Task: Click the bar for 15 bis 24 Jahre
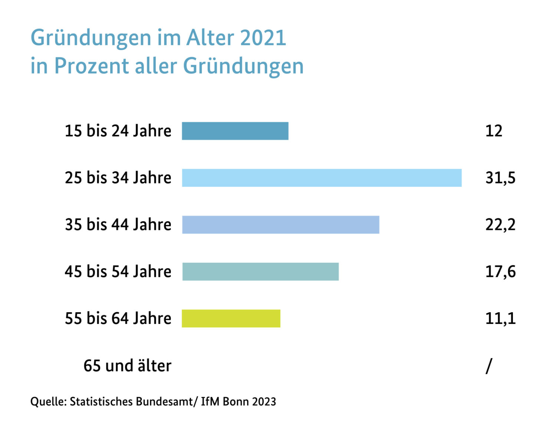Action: tap(235, 131)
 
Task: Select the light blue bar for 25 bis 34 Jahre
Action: tap(322, 178)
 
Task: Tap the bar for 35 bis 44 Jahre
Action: tap(281, 224)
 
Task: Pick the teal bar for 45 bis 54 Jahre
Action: tap(261, 272)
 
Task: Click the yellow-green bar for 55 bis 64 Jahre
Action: tap(231, 318)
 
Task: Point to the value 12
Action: tap(494, 131)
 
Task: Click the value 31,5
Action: tap(500, 178)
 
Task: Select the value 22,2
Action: tap(500, 224)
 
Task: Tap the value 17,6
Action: tap(500, 272)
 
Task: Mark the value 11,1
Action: tap(500, 318)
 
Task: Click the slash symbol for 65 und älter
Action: tap(489, 366)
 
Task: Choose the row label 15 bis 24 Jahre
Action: tap(118, 131)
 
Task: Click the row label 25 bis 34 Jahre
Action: tap(118, 178)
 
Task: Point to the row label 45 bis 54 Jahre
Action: tap(118, 272)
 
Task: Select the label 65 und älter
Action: tap(127, 366)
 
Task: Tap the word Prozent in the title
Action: tap(92, 66)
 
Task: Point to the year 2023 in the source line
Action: tap(264, 402)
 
